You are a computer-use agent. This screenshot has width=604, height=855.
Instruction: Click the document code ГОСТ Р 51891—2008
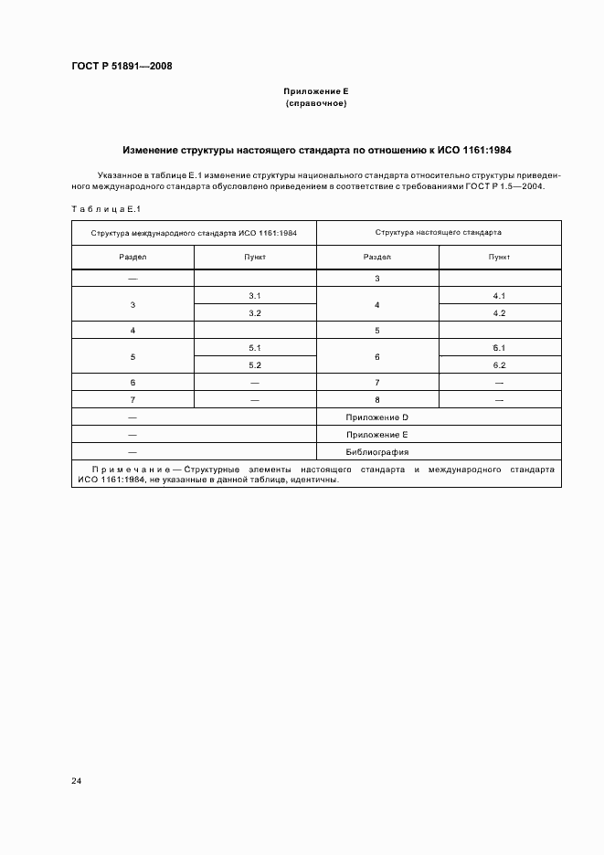[121, 66]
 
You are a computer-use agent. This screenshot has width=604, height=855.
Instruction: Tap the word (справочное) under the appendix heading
[316, 104]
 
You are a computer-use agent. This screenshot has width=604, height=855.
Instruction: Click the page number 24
[77, 781]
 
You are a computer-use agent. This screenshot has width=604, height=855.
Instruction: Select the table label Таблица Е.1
[103, 210]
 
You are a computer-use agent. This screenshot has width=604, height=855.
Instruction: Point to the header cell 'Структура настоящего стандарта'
[438, 232]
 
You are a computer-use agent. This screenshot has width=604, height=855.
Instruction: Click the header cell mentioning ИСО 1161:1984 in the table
[194, 232]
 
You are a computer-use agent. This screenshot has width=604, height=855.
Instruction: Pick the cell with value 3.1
[255, 296]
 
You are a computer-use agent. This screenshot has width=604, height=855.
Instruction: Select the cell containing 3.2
[255, 313]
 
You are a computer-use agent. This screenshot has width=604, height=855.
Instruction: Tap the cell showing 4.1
[499, 296]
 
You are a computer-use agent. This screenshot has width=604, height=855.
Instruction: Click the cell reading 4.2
[499, 313]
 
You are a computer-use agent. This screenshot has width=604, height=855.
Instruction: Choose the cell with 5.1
[255, 348]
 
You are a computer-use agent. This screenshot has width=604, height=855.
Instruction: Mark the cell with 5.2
[255, 365]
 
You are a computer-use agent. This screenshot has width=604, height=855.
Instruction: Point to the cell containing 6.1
[499, 348]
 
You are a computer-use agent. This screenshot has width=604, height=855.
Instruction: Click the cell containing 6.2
[499, 365]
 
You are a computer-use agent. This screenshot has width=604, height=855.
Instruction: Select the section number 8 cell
[377, 400]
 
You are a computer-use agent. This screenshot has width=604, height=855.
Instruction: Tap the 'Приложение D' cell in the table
[376, 417]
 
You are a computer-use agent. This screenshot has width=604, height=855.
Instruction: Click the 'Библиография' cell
[376, 452]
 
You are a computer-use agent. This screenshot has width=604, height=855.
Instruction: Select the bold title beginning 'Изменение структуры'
[316, 149]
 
